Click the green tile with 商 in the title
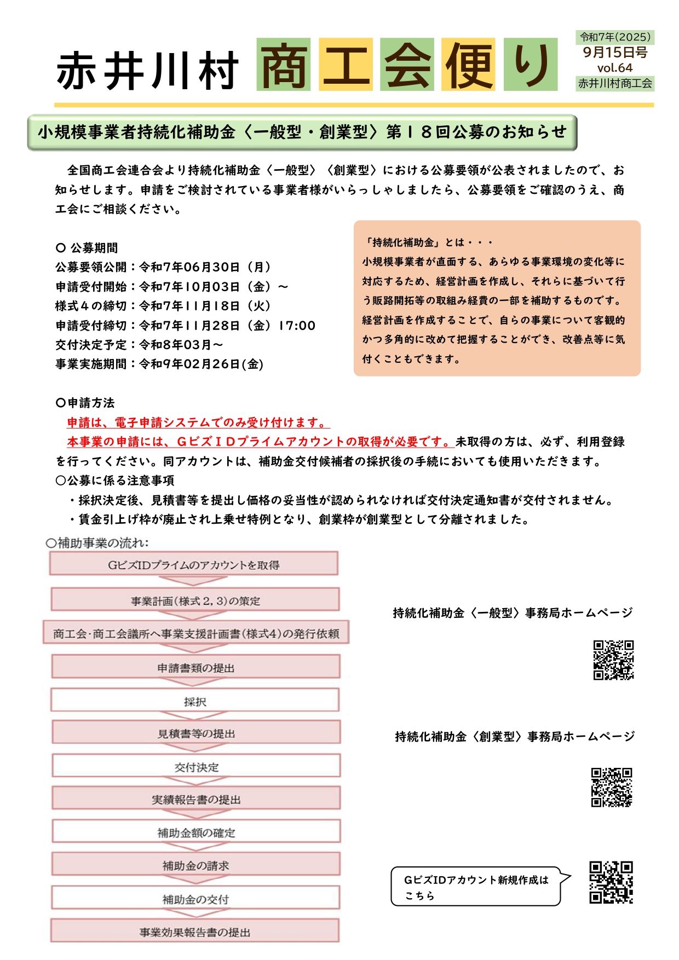coord(283,65)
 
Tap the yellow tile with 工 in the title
coord(346,65)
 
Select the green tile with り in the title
coord(530,65)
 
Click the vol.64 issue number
coord(614,68)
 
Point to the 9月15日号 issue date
coord(614,53)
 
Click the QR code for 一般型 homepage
coord(613,660)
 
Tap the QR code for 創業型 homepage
coord(611,787)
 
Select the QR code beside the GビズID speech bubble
coord(611,882)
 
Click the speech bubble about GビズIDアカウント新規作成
coord(476,887)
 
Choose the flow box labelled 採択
coord(195,701)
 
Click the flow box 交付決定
coord(196,767)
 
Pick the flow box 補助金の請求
coord(196,865)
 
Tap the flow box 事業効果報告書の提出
coord(195,932)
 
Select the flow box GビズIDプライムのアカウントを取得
coord(194,565)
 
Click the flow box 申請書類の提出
coord(196,668)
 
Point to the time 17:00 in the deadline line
coord(297,326)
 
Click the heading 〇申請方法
coord(85,403)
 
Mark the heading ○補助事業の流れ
coord(97,543)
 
